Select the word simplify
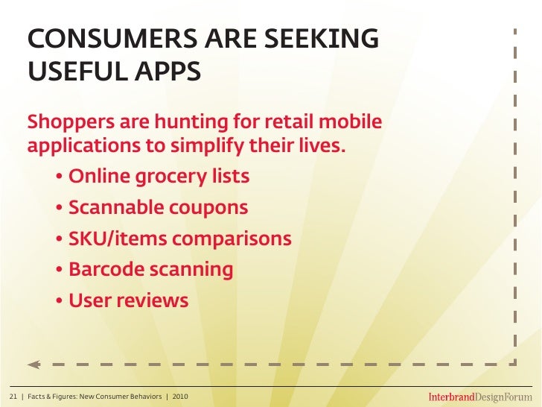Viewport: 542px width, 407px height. pyautogui.click(x=205, y=145)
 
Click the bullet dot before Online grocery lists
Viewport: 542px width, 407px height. pyautogui.click(x=59, y=178)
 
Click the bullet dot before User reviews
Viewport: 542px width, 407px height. pyautogui.click(x=59, y=301)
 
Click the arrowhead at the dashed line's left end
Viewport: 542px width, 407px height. pyautogui.click(x=34, y=365)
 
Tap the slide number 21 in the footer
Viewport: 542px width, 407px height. pyautogui.click(x=13, y=395)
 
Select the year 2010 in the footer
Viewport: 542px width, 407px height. pyautogui.click(x=180, y=395)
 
